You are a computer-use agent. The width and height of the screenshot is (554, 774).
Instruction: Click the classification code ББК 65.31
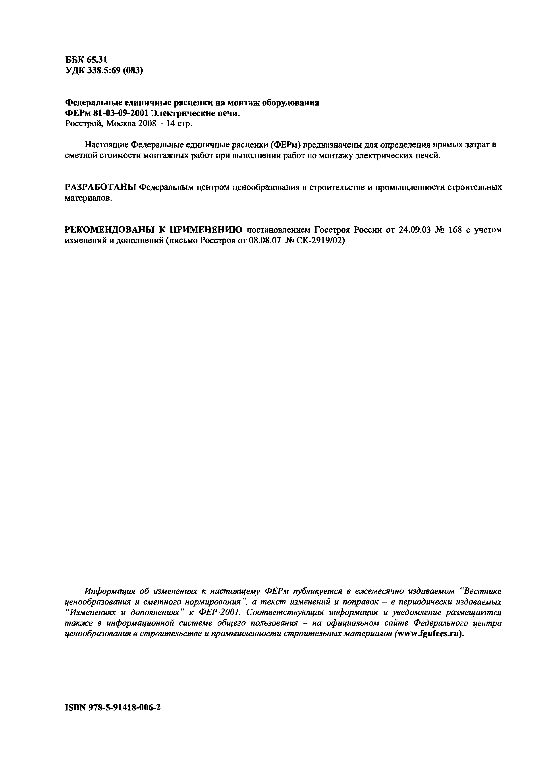(x=86, y=60)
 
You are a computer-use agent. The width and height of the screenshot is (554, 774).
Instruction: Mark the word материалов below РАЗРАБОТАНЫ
(x=88, y=198)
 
